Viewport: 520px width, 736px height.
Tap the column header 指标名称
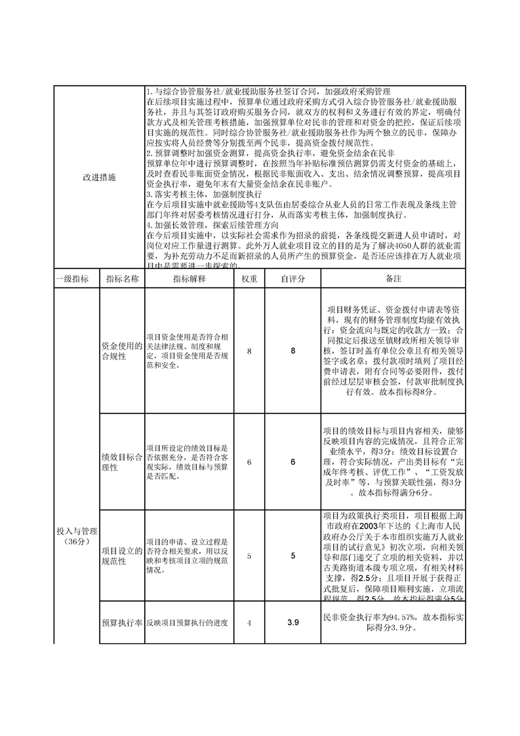(x=122, y=279)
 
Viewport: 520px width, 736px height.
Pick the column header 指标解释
(x=190, y=279)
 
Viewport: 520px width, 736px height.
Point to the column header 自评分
(x=293, y=279)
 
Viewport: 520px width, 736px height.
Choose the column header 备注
(x=393, y=279)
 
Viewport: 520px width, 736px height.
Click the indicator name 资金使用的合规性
(x=122, y=351)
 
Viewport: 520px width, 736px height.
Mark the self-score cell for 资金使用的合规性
(x=293, y=351)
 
